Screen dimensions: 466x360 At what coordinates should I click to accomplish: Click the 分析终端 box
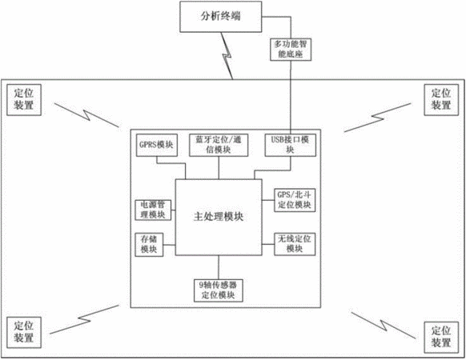pos(220,17)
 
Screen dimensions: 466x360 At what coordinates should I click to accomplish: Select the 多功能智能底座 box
pos(291,50)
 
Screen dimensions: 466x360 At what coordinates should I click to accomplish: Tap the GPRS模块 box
pos(157,146)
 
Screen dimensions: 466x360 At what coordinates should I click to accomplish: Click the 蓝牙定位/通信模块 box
pos(219,146)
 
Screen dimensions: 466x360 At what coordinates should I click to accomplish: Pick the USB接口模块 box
pos(290,146)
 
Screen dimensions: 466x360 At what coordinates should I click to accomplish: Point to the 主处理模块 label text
pos(219,217)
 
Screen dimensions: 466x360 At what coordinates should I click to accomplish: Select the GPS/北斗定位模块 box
pos(294,200)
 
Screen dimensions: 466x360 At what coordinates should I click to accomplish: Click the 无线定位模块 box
pos(294,244)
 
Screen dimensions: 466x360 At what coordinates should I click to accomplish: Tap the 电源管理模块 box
pos(153,210)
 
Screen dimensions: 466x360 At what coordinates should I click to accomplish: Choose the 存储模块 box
pos(149,245)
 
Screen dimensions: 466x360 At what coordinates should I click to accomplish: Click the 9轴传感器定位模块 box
pos(218,290)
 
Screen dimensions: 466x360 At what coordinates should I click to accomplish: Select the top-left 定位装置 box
pos(24,100)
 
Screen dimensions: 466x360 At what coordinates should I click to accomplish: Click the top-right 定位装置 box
pos(441,100)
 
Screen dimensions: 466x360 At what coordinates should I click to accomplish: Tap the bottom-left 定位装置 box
pos(24,332)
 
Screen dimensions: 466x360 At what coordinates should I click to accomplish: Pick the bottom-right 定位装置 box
pos(441,338)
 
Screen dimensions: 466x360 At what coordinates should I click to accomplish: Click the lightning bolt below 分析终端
pos(227,56)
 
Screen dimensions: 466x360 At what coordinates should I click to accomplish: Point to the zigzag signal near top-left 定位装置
pos(86,115)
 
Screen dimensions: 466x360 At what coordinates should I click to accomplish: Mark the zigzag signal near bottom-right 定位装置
pos(384,326)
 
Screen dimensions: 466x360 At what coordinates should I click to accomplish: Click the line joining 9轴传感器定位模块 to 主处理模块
pos(219,267)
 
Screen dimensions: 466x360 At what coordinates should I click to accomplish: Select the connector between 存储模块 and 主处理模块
pos(169,245)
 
